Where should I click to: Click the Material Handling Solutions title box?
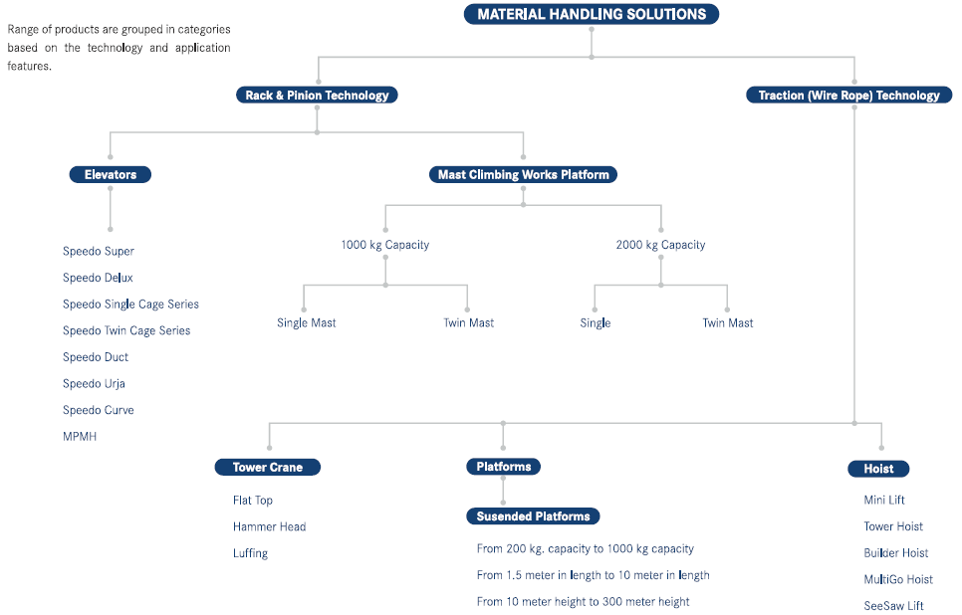point(592,14)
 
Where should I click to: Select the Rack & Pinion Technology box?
point(317,96)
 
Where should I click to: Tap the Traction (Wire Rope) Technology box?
point(848,96)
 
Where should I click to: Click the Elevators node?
point(110,174)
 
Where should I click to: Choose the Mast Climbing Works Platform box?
point(523,174)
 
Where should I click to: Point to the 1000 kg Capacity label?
point(384,245)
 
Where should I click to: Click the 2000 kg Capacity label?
point(660,245)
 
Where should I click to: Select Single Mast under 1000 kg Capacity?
point(306,322)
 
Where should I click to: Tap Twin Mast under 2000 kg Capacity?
point(727,322)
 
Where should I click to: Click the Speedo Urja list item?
point(94,383)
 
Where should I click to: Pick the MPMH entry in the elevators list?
point(80,436)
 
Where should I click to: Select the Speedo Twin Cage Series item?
point(126,330)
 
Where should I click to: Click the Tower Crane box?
point(268,467)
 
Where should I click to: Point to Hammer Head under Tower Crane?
point(269,526)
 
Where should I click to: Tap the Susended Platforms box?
point(533,516)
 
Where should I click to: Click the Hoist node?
point(878,469)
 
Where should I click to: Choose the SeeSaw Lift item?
point(893,605)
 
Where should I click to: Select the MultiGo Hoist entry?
point(897,579)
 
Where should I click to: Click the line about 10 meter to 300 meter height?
point(583,601)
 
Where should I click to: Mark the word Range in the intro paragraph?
point(25,29)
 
